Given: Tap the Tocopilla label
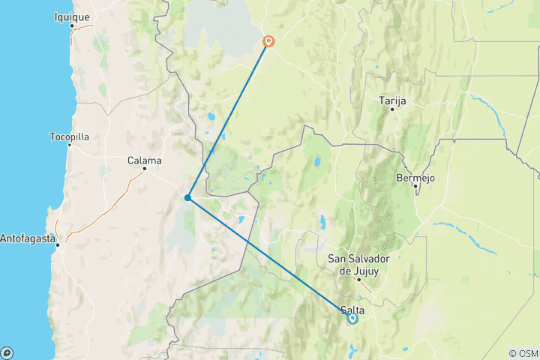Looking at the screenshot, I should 69,137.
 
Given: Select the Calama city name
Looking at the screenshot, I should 144,160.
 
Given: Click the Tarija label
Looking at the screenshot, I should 392,100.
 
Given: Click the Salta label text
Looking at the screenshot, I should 352,310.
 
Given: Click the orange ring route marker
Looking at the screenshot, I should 268,42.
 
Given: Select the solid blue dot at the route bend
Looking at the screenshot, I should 187,198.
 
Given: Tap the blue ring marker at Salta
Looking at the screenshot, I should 352,319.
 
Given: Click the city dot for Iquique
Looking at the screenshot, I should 72,26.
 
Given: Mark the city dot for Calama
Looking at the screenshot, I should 145,169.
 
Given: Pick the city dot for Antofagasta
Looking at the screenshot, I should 58,244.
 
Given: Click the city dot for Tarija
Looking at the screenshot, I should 391,109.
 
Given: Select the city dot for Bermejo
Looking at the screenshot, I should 415,186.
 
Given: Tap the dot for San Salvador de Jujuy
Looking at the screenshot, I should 358,280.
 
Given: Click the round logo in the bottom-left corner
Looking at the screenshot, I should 7,352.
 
